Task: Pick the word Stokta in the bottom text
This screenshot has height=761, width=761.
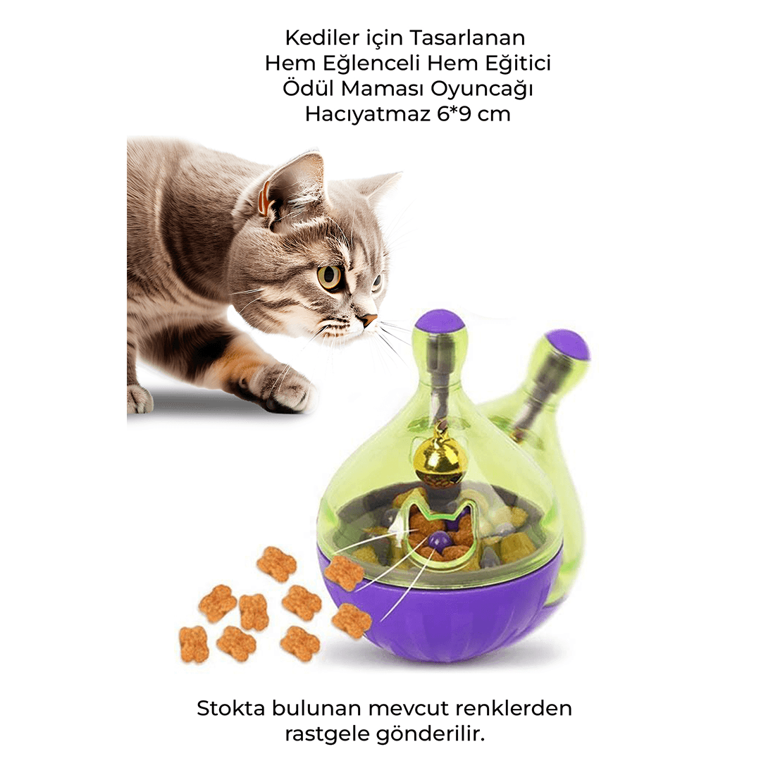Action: click(x=231, y=708)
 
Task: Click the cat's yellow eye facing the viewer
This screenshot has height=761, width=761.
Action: click(x=331, y=276)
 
